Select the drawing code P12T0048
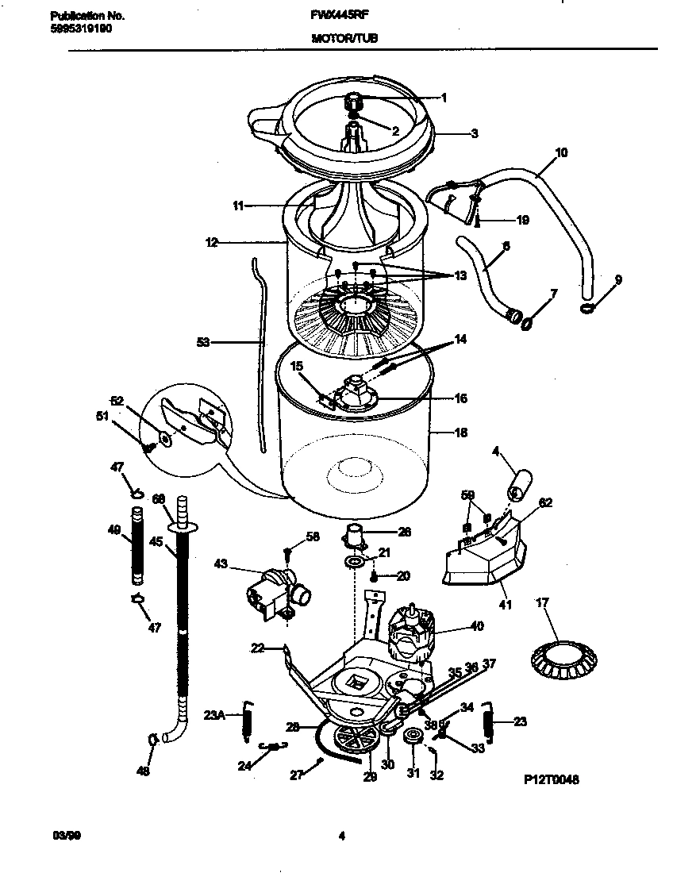tap(551, 780)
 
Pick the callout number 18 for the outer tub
tap(460, 433)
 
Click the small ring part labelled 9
tap(587, 308)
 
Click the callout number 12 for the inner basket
tap(211, 244)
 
